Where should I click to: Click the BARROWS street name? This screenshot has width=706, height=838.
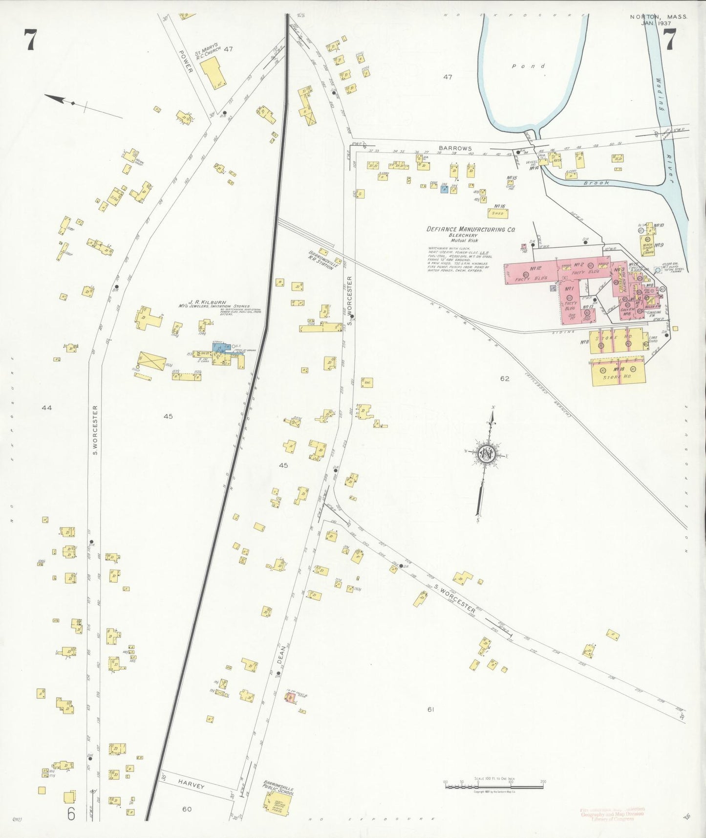click(455, 148)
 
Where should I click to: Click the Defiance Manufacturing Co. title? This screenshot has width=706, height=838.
click(471, 229)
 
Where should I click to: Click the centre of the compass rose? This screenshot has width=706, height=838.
click(487, 454)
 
